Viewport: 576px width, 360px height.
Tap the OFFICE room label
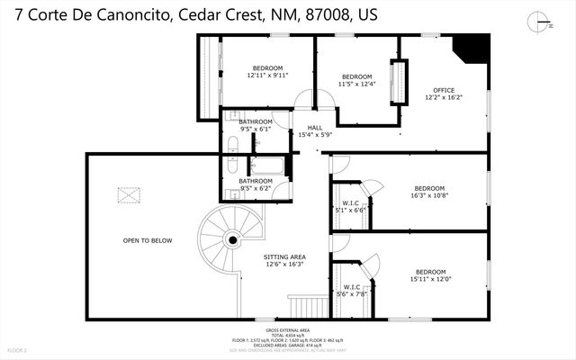pos(444,90)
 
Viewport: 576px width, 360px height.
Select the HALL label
pos(314,128)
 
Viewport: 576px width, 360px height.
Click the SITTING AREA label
pos(283,256)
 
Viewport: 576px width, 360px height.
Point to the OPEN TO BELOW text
pos(148,240)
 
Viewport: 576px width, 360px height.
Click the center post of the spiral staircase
pos(232,240)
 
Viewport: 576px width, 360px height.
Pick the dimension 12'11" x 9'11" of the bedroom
pos(267,76)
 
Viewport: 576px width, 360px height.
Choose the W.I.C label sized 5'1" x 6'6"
pos(351,210)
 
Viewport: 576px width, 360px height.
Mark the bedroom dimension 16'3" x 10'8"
pos(428,194)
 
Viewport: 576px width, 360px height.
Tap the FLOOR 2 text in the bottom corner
pos(18,348)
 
